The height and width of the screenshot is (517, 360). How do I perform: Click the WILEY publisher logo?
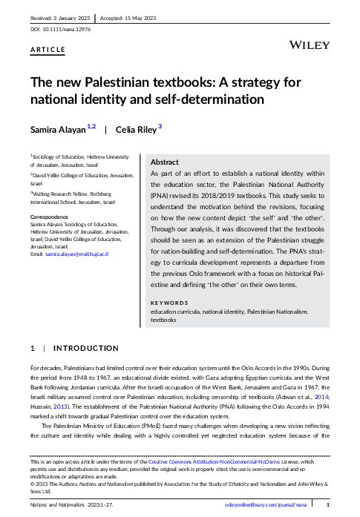tap(310, 45)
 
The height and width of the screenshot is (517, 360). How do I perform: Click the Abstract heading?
tap(164, 162)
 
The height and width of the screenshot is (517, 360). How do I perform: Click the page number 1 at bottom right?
tap(328, 504)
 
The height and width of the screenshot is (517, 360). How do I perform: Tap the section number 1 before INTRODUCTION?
tap(32, 348)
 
